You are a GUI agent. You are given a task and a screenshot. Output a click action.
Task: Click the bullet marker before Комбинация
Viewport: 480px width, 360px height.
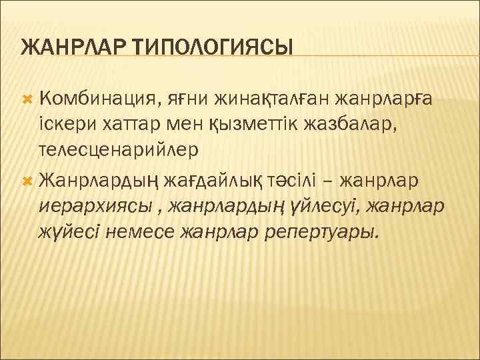click(x=27, y=99)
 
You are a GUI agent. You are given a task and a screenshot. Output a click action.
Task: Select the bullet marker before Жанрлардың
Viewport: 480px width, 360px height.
click(x=27, y=179)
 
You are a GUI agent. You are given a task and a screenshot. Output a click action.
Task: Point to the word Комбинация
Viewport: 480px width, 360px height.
click(x=97, y=99)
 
